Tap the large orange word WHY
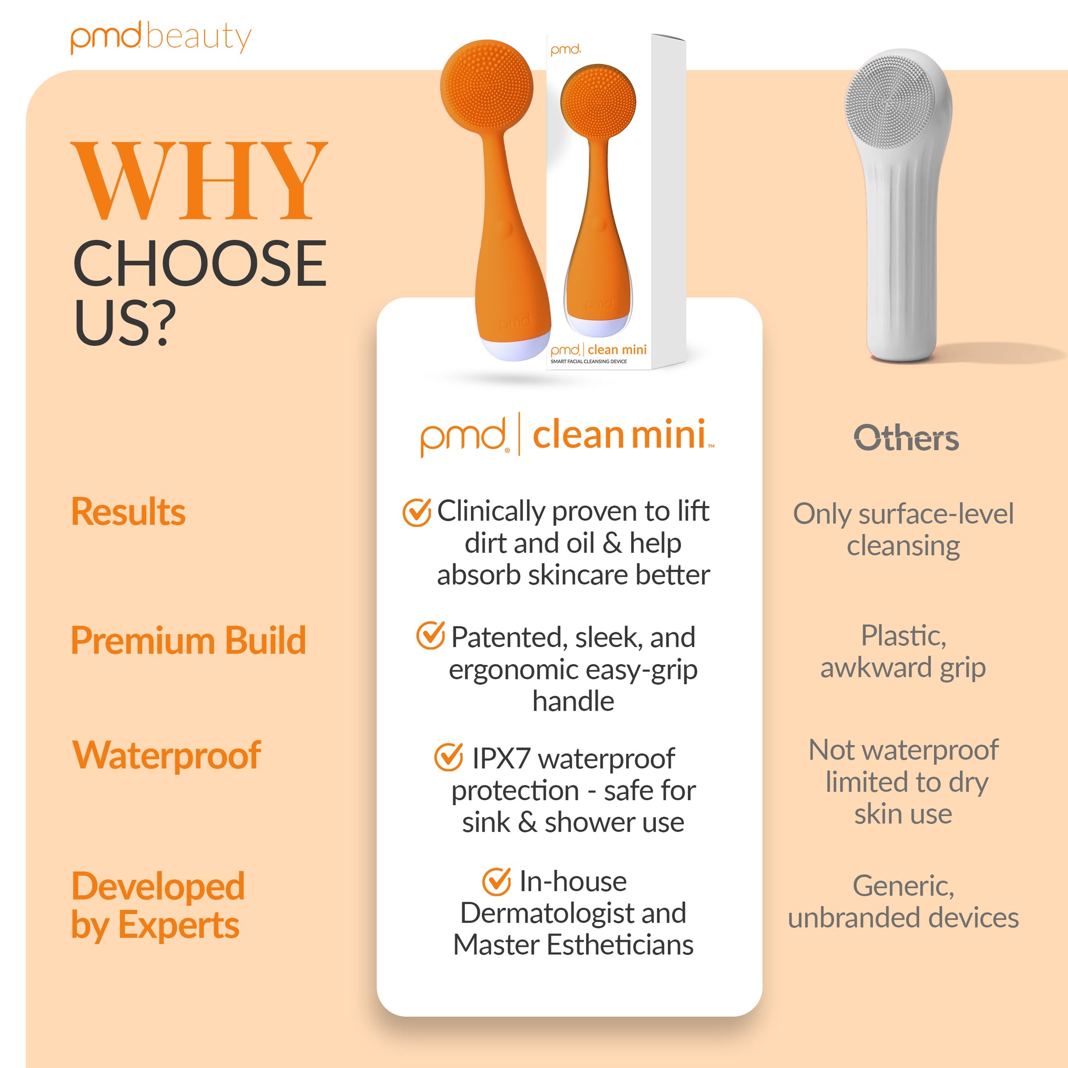[x=200, y=181]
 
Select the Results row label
[x=128, y=511]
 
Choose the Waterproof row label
[x=166, y=755]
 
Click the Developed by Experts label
[x=158, y=905]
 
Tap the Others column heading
[x=906, y=439]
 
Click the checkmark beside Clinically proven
[x=416, y=512]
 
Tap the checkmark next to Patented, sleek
[x=430, y=635]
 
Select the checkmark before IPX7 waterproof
[x=448, y=757]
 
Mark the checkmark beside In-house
[x=497, y=881]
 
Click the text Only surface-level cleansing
[x=903, y=530]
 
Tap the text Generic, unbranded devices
[x=903, y=902]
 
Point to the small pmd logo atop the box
[x=565, y=50]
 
